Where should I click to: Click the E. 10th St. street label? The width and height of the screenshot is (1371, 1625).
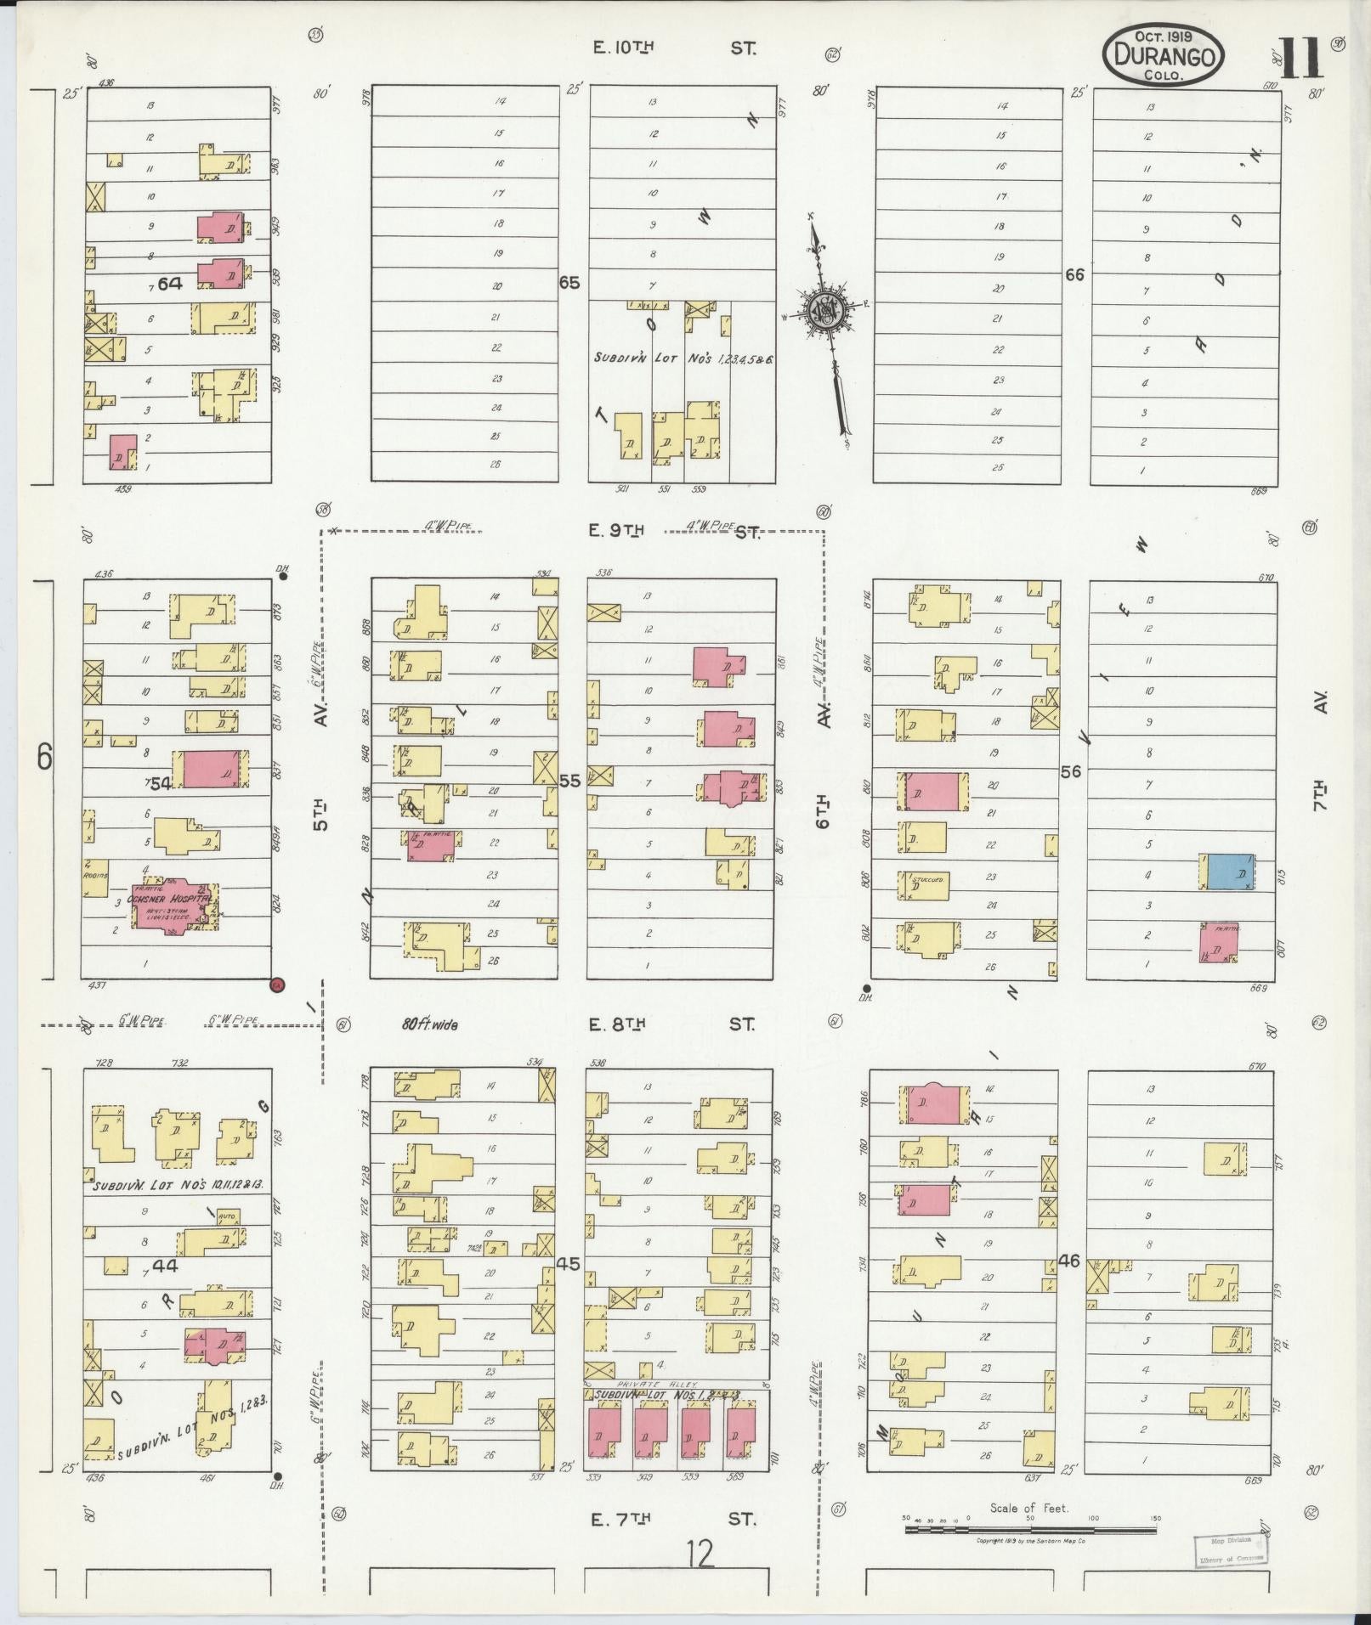(x=671, y=48)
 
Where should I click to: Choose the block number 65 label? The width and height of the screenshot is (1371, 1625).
(x=569, y=282)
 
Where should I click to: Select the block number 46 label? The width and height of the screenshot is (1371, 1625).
(x=1068, y=1261)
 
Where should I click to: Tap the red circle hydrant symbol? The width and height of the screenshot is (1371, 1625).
(x=277, y=985)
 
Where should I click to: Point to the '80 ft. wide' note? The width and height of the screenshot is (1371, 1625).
(x=429, y=1025)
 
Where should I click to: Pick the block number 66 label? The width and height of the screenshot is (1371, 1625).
(x=1075, y=274)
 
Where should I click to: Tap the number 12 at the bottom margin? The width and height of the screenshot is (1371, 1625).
(x=701, y=1554)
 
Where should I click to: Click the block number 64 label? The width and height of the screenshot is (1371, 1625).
(x=168, y=284)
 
